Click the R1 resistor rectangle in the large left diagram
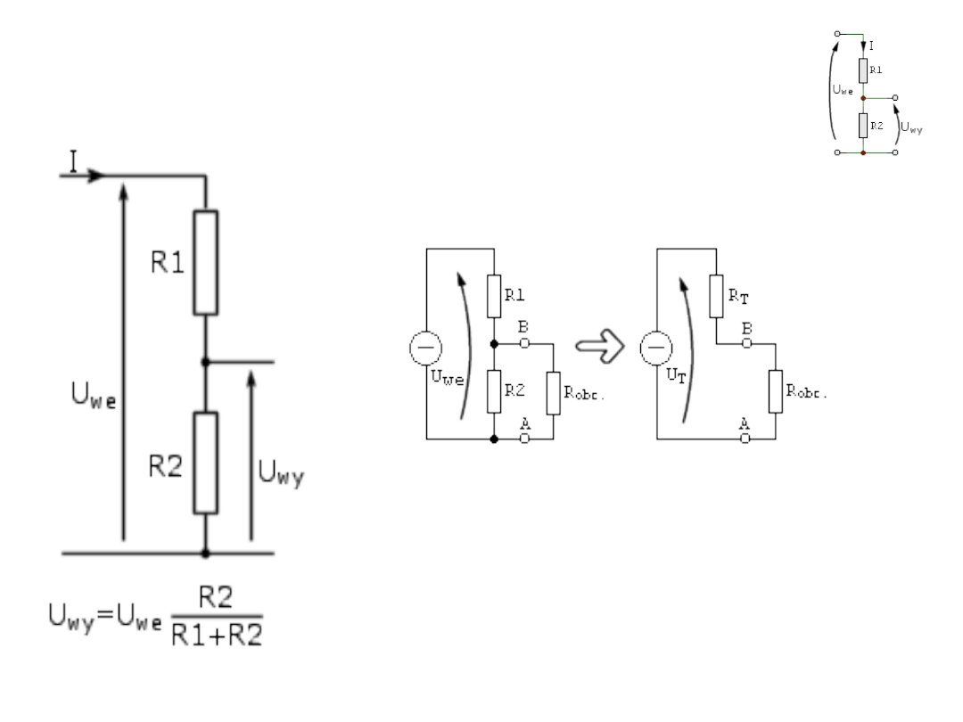(206, 262)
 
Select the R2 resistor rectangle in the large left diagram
(206, 463)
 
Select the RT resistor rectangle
(716, 296)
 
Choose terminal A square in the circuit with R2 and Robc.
(524, 439)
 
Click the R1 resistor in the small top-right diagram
(864, 70)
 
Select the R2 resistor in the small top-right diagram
(864, 126)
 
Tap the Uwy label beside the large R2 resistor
(282, 475)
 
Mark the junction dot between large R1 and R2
(206, 362)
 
